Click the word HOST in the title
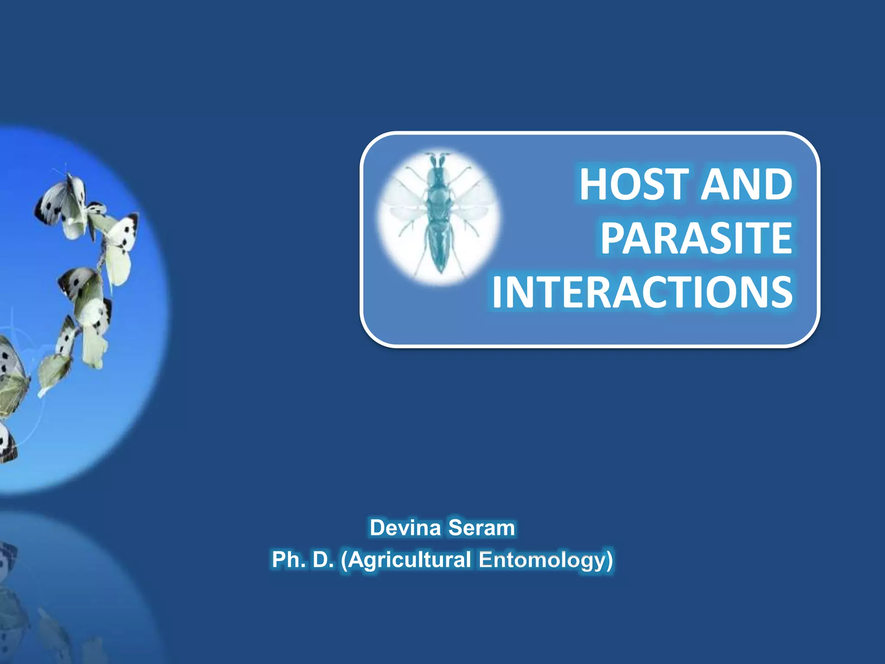pos(634,185)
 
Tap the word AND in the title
pos(746,185)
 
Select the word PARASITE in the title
pos(696,238)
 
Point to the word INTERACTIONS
pos(642,292)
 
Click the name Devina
pos(405,528)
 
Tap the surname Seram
pos(481,528)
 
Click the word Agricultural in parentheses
pos(409,560)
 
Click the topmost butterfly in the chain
pos(63,203)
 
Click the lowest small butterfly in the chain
pos(54,372)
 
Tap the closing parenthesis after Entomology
pos(608,560)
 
